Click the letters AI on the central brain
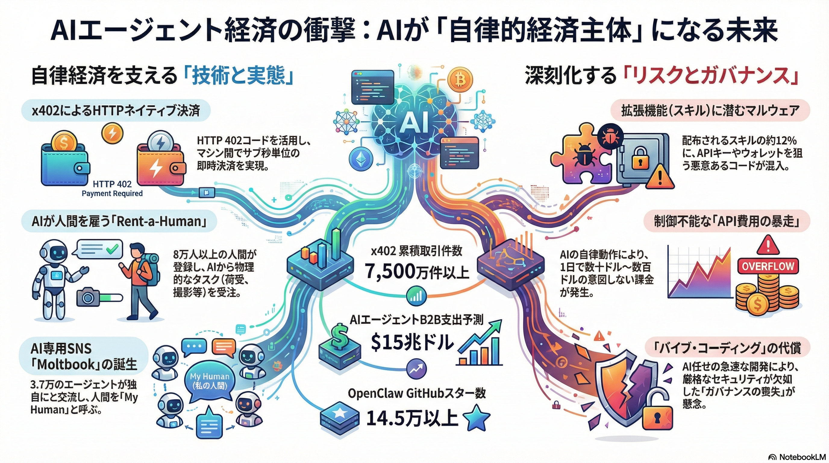414,123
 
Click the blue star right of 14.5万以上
477,419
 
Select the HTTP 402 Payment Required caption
112,189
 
